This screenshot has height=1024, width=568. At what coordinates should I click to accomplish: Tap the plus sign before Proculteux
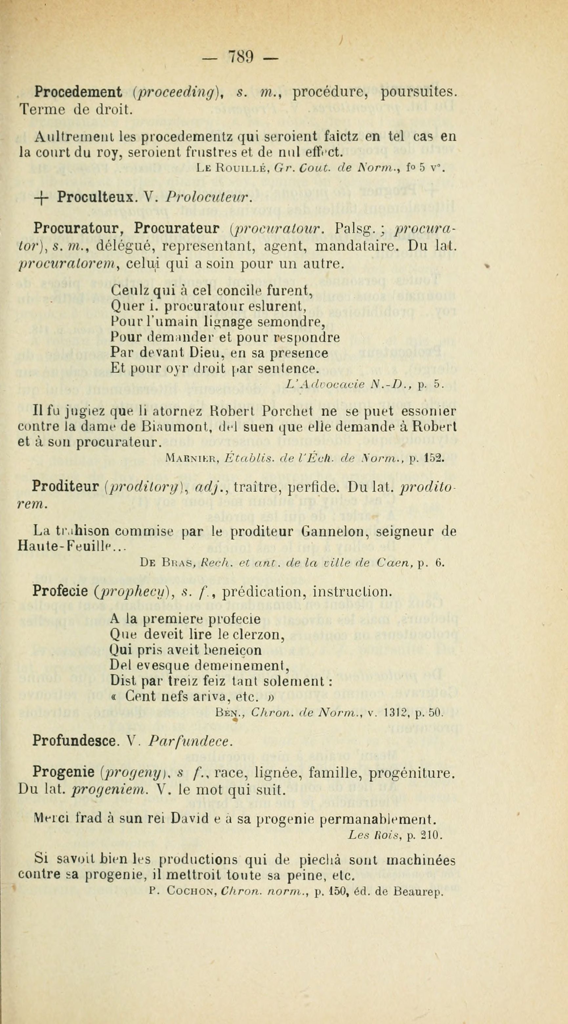[x=41, y=197]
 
